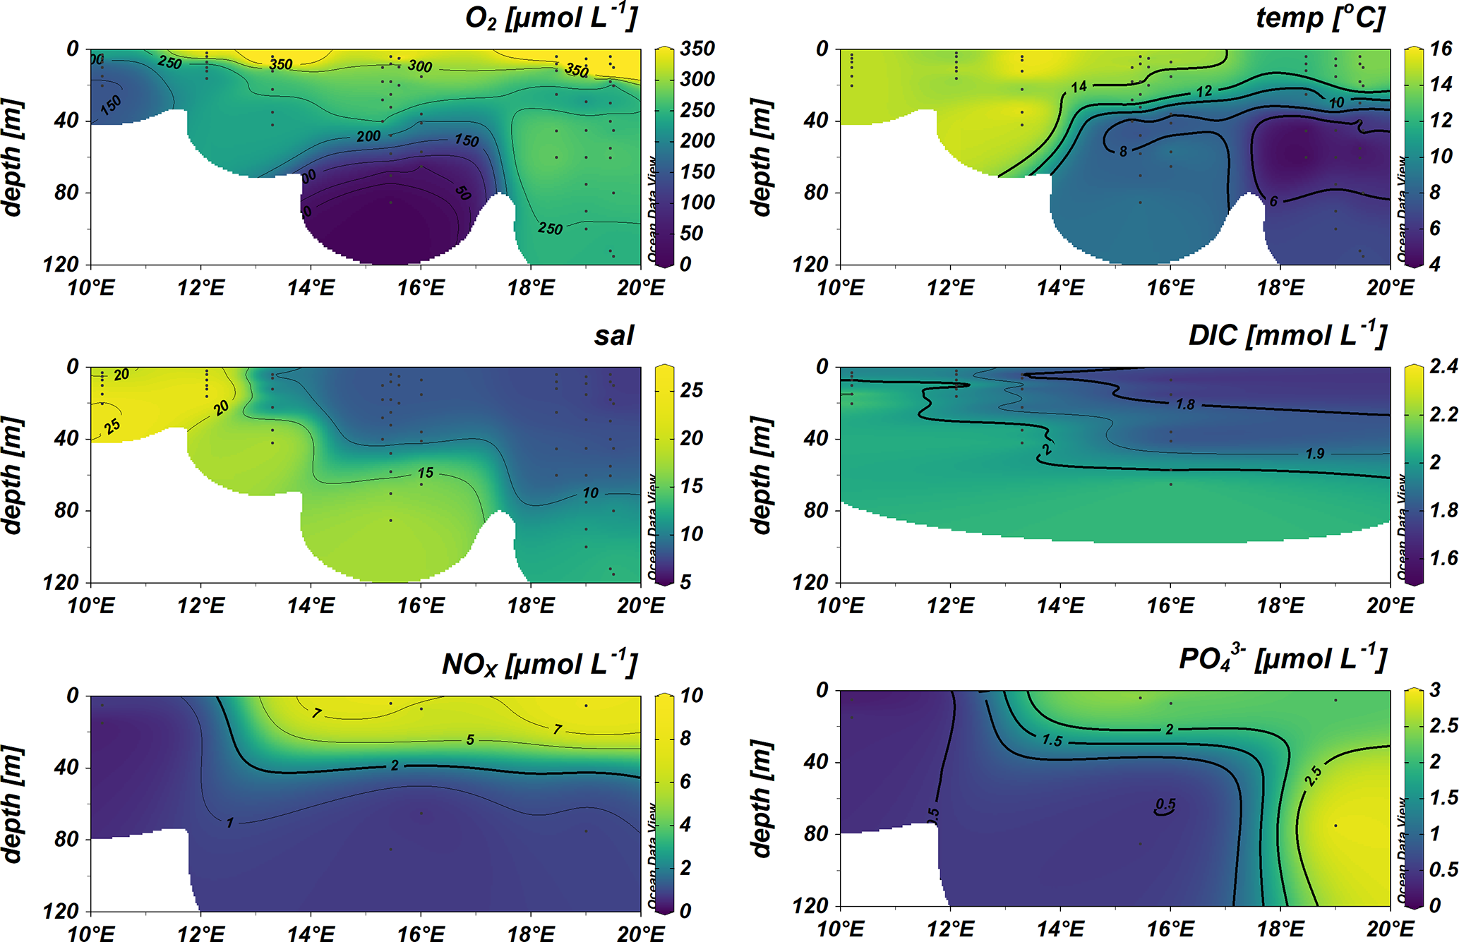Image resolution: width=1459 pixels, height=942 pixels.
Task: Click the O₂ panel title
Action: (x=551, y=18)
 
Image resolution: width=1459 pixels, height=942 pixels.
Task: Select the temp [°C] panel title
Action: (x=1320, y=18)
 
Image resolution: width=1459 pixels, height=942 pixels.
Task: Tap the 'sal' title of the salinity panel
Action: (x=613, y=336)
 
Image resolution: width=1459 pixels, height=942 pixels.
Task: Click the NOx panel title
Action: (x=539, y=665)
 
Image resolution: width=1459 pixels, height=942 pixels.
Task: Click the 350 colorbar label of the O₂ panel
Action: (x=697, y=49)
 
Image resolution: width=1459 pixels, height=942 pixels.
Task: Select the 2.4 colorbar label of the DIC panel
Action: (x=1443, y=366)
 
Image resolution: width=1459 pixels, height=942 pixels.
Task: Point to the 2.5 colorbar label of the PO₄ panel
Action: (x=1443, y=725)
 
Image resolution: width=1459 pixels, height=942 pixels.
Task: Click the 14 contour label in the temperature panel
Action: (x=1079, y=87)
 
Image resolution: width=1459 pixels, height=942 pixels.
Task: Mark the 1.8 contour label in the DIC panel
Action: (x=1185, y=404)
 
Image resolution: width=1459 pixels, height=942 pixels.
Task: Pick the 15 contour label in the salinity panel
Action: (x=425, y=473)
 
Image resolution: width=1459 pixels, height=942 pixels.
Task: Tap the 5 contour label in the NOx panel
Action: (x=470, y=739)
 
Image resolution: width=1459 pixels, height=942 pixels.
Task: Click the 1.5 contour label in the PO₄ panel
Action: (x=1052, y=740)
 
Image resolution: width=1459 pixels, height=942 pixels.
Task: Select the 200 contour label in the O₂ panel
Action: (x=368, y=136)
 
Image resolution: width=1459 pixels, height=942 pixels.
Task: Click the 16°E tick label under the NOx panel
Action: (x=421, y=933)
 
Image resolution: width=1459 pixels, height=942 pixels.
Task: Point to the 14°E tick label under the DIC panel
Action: (x=1060, y=605)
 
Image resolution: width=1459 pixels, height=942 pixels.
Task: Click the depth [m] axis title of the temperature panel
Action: (x=761, y=157)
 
